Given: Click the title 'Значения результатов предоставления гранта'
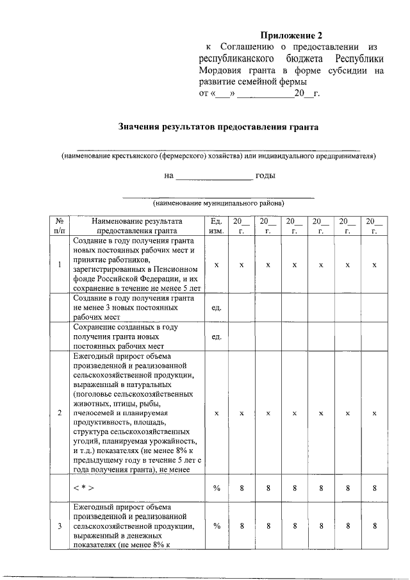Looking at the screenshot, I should [218, 127].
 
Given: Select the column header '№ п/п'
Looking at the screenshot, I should [60, 226].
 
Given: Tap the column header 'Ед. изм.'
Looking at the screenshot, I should [217, 226].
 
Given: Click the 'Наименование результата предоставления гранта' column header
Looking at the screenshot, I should [136, 226].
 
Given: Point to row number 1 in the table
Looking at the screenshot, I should [60, 265].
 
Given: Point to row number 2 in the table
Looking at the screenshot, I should [60, 413].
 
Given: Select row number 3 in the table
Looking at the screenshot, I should [60, 526].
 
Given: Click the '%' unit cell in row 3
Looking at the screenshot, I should [217, 526].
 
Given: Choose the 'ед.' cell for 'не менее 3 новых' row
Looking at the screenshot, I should [217, 308].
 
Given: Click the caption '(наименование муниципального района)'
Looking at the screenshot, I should [218, 204].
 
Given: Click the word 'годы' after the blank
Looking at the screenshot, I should [265, 176].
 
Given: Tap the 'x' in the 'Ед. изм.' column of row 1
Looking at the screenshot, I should [217, 265].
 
